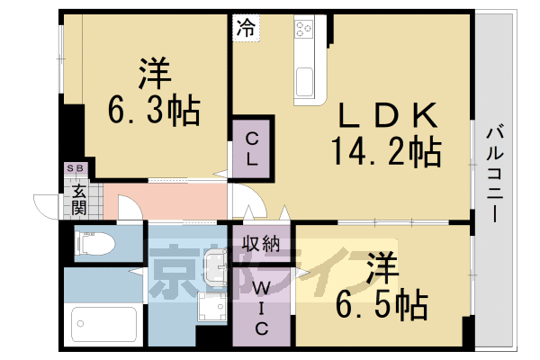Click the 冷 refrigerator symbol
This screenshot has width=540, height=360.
[247, 28]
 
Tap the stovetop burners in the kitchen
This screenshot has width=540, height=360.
[304, 28]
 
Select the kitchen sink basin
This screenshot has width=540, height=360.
[305, 81]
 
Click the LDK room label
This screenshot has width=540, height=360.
[389, 115]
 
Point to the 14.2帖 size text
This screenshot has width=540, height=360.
[386, 151]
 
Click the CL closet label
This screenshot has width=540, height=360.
[252, 149]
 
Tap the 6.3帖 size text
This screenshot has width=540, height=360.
[154, 110]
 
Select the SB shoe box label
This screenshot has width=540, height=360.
[75, 168]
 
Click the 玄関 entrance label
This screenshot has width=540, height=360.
[79, 200]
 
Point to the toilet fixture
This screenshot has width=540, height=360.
[94, 243]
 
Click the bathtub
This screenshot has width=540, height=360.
[104, 324]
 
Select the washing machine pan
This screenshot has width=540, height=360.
[211, 307]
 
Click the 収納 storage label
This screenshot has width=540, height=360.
[261, 244]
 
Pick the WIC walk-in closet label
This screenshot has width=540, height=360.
[261, 309]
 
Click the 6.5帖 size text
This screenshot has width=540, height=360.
[382, 305]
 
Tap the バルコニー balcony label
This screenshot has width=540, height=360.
[495, 174]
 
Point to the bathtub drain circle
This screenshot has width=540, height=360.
[80, 323]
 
